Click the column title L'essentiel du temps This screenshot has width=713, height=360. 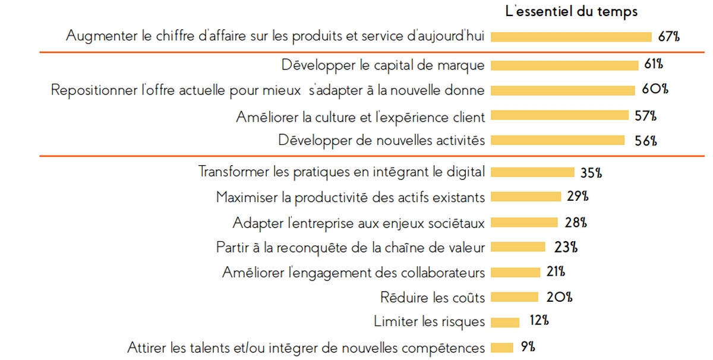(x=571, y=11)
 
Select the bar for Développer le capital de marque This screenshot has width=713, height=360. (x=565, y=65)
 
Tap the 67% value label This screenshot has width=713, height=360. (x=668, y=36)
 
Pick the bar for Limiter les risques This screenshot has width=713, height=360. (x=506, y=323)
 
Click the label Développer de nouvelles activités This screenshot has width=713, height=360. (x=381, y=141)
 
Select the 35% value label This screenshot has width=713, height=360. (x=591, y=173)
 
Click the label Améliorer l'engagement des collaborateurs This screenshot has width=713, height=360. (x=354, y=273)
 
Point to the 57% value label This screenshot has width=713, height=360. (x=645, y=116)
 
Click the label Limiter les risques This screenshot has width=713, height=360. (x=429, y=322)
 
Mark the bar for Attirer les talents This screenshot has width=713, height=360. (x=503, y=348)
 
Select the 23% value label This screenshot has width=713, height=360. (x=566, y=248)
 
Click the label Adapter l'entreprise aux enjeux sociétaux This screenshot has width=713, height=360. (x=359, y=223)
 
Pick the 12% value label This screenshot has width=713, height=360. (x=538, y=321)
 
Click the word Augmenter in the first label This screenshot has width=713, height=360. (x=97, y=36)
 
